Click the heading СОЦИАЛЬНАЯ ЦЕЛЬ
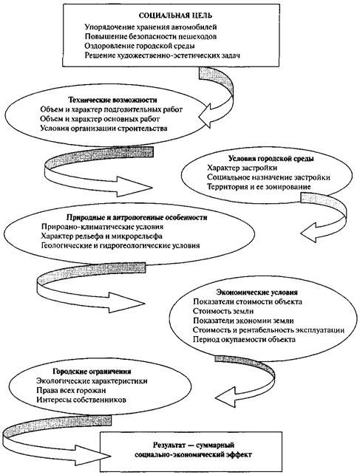(175, 16)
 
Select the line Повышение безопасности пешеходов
(151, 37)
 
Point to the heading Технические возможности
(112, 100)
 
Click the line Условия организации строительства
(103, 128)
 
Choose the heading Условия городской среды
(271, 158)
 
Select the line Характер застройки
(242, 168)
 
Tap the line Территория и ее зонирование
(259, 187)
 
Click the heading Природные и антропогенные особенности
(137, 218)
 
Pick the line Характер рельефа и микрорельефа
(102, 236)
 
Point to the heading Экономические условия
(257, 293)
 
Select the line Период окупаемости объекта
(244, 339)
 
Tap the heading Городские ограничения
(92, 372)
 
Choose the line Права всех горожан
(71, 390)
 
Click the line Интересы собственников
(81, 400)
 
